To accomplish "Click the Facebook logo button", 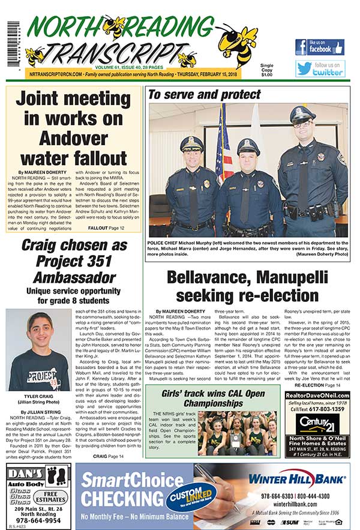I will (x=319, y=47).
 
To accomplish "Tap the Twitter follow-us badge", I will (x=320, y=68).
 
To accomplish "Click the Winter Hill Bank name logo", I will (x=297, y=479).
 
